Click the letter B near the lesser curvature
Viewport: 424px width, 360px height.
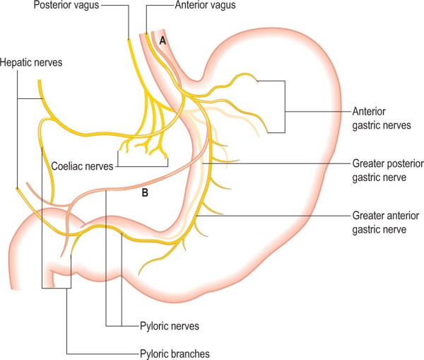146,192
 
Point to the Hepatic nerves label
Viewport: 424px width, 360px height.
32,63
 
